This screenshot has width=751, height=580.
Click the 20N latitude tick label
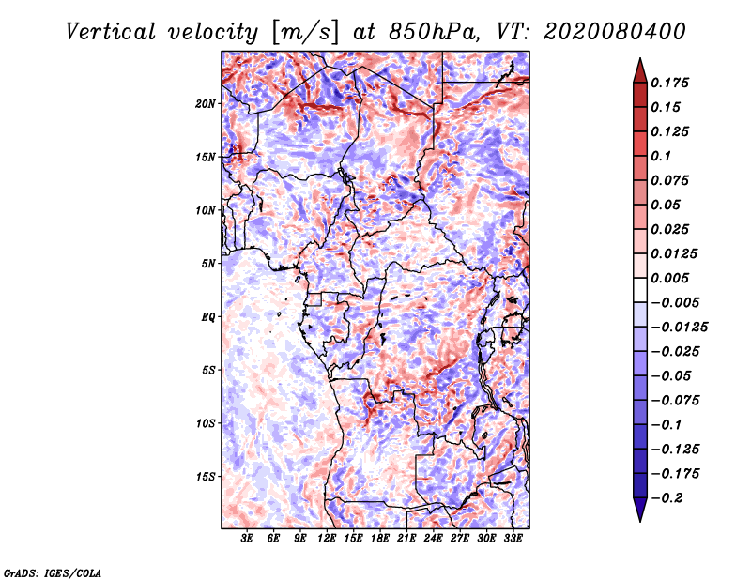pos(205,104)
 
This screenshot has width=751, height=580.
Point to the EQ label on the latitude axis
pos(207,317)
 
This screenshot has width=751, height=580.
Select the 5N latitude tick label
pos(208,264)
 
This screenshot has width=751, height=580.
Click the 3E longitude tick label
pos(247,539)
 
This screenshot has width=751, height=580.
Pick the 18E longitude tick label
pos(380,539)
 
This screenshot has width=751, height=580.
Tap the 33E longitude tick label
pos(513,539)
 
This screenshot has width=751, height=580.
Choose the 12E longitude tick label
pos(327,539)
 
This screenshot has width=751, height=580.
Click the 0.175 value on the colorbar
pos(669,83)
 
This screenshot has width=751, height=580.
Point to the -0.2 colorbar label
pos(667,498)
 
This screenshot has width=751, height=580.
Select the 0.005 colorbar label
pos(669,278)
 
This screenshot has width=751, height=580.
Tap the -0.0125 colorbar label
pos(679,328)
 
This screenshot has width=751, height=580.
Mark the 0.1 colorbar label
pos(661,156)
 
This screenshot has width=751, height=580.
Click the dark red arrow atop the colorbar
pos(640,71)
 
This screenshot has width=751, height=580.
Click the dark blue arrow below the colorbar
pos(640,510)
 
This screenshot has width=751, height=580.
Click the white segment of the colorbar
pos(640,290)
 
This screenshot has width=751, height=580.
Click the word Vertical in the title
pos(111,32)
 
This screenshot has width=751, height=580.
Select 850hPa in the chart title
pos(434,32)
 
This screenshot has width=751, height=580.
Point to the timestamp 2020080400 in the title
pos(615,32)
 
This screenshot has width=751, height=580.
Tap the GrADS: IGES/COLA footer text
pos(53,572)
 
